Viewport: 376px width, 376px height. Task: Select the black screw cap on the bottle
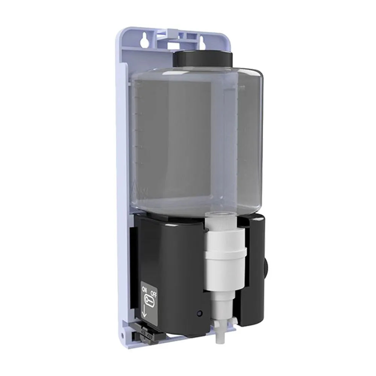pyautogui.click(x=203, y=59)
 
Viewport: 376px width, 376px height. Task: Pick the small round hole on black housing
pyautogui.click(x=199, y=313)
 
